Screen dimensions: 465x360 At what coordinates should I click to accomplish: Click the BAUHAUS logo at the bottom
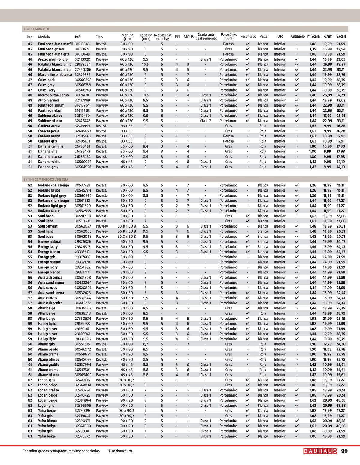point(320,451)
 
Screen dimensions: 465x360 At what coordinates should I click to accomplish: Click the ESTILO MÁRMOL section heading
point(37,29)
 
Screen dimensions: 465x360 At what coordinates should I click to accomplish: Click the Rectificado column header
point(248,36)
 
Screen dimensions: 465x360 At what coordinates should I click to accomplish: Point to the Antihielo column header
point(298,36)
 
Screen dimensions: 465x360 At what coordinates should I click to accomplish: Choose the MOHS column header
point(189,37)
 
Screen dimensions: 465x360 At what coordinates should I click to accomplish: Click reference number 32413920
point(83,59)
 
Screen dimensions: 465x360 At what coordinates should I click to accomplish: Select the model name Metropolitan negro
point(53,95)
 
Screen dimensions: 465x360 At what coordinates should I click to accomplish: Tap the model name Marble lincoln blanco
point(55,75)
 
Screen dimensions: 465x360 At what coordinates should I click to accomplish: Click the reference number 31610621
point(83,49)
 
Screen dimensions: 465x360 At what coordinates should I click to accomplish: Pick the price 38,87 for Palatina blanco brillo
point(341,65)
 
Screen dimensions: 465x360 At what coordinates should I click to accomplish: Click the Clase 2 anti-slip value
point(205,121)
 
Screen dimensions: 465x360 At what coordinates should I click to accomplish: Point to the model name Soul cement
point(48,226)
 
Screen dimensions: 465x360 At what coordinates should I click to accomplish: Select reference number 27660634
point(83,319)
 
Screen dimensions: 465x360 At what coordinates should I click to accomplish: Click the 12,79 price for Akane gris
point(328,344)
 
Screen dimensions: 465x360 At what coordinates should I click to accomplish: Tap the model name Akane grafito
point(49,365)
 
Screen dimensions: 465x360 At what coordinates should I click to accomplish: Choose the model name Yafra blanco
point(48,421)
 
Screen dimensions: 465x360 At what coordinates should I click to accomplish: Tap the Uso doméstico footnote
point(120,451)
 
